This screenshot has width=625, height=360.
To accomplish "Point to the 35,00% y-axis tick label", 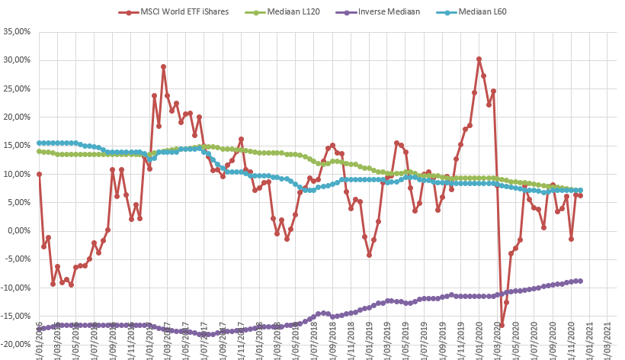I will point(16,32).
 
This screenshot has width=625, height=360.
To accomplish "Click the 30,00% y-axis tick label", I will point(16,60).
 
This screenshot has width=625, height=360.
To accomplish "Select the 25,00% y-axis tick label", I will point(16,88).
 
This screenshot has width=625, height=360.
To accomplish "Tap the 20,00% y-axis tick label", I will point(16,117).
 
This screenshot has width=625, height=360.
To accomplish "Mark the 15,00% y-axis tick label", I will point(16,146).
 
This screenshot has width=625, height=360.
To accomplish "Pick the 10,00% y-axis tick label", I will point(16,174).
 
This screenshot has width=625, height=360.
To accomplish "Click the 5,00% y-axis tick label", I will point(18,202).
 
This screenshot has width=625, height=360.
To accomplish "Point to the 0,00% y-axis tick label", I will point(18,231).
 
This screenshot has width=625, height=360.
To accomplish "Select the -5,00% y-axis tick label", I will point(17,259).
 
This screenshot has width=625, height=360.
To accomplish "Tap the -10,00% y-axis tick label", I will point(15,288).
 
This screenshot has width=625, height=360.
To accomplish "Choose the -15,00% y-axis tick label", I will point(15,316).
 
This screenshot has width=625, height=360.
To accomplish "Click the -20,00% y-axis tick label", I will point(15,345).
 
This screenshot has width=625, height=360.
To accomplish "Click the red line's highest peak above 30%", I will point(479,59).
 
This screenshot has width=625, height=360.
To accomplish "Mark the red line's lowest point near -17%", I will point(502,326).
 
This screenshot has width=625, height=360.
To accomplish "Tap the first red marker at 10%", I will point(39,174).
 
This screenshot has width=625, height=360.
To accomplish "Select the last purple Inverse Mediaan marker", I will point(580,281).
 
